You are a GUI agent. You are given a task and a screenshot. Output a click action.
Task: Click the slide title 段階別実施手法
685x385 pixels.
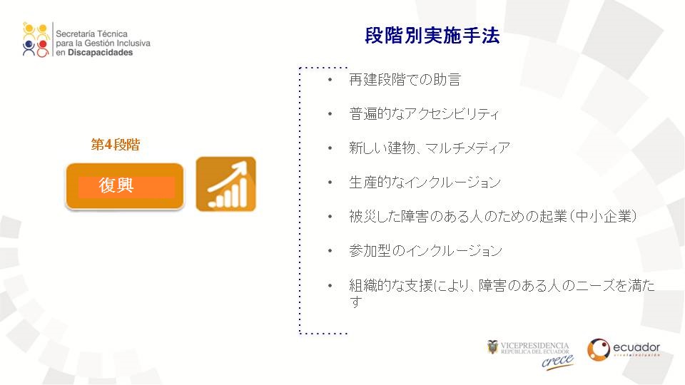432,36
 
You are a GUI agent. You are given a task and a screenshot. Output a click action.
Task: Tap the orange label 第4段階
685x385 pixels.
116,145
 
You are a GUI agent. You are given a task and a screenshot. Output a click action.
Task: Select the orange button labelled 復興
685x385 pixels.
125,186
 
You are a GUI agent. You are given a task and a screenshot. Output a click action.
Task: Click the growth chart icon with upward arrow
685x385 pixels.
226,184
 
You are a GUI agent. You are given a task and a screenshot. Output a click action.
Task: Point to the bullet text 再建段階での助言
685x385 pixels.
405,79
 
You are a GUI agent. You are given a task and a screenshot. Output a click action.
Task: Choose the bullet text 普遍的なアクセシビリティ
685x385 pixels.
424,113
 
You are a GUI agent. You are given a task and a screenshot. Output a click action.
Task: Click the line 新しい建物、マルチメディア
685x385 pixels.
430,148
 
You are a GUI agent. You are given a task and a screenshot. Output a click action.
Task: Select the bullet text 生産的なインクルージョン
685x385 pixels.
425,182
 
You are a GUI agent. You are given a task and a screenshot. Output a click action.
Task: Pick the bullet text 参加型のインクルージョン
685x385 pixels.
425,250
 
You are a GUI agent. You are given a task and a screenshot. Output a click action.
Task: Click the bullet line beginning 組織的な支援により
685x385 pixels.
502,293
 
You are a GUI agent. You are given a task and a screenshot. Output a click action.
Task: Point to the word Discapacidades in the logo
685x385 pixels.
100,52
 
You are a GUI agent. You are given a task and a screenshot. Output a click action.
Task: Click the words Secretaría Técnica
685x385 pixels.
92,34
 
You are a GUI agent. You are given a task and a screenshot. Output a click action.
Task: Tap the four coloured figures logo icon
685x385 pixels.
36,40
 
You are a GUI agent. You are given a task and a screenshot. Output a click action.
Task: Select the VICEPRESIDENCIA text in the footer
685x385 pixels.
534,346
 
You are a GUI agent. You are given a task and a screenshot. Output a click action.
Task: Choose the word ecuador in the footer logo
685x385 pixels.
636,347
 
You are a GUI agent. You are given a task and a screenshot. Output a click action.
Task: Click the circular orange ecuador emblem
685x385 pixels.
599,349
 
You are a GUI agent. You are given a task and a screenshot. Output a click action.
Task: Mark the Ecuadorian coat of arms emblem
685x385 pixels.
493,347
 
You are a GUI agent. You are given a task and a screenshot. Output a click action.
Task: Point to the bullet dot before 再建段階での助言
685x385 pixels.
330,79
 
